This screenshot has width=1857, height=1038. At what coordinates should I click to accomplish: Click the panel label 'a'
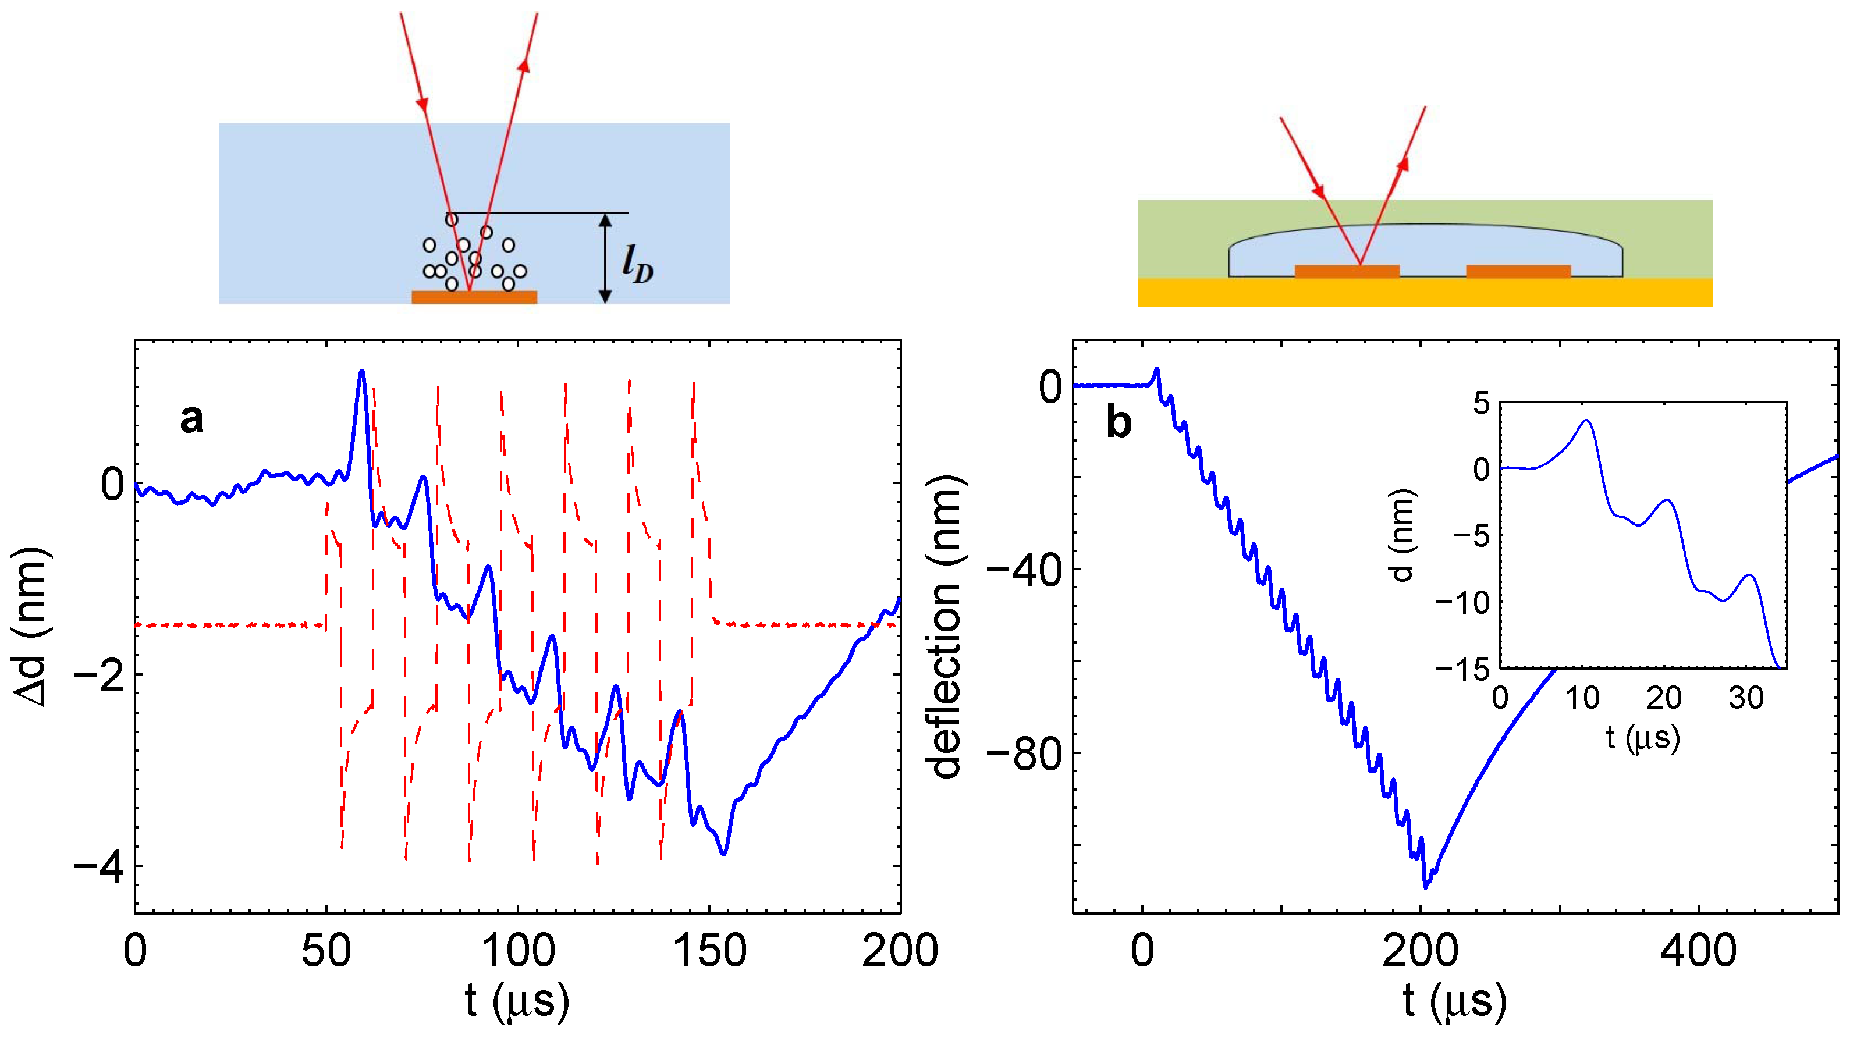click(191, 419)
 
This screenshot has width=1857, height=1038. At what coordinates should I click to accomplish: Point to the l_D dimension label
click(638, 264)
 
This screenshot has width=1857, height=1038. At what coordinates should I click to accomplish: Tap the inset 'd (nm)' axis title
click(1402, 535)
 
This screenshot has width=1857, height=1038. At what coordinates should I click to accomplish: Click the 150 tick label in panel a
click(709, 951)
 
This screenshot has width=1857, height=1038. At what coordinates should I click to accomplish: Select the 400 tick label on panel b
click(1698, 951)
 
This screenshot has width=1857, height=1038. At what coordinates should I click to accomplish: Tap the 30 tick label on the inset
click(1746, 698)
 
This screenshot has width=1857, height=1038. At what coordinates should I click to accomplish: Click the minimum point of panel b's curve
click(1425, 887)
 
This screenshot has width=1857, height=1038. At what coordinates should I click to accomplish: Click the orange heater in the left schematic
click(474, 297)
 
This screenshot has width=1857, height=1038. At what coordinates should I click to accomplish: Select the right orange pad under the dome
click(1518, 272)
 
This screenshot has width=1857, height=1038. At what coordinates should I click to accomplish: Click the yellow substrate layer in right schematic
click(1425, 293)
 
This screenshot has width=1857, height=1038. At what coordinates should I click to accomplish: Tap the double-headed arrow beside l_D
click(606, 258)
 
